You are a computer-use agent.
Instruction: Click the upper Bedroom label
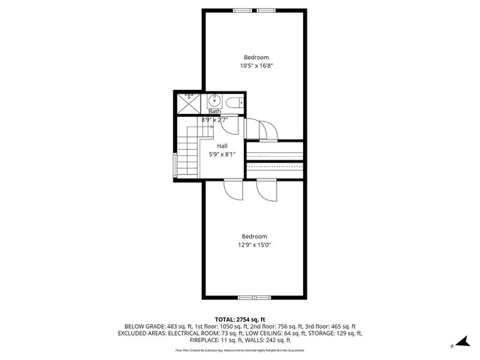coord(255,58)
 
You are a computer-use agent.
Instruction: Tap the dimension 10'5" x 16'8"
coord(255,66)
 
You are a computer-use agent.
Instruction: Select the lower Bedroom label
coord(254,236)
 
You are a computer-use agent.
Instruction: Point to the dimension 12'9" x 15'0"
coord(254,244)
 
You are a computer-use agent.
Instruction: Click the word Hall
coord(222,145)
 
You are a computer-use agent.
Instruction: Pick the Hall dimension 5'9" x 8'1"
coord(222,154)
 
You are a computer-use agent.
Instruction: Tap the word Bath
coord(214,112)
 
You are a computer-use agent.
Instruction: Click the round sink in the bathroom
coord(214,100)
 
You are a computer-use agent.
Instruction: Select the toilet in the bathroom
coord(232,100)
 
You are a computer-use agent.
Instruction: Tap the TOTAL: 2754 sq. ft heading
coord(240,319)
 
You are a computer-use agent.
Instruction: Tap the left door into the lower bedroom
coord(232,190)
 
